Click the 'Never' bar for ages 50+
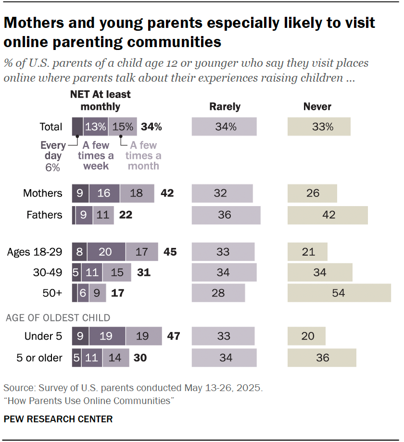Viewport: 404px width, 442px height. pos(339,293)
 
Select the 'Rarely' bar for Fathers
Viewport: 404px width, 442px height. pos(226,215)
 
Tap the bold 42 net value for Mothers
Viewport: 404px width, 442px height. pos(167,193)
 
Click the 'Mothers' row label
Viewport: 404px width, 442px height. pos(43,193)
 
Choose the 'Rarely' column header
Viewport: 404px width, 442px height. pos(225,107)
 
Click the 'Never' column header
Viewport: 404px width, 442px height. pos(317,107)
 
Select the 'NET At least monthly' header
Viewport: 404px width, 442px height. pos(101,100)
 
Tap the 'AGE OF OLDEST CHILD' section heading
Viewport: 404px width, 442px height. pos(58,318)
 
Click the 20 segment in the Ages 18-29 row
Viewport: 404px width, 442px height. pos(106,252)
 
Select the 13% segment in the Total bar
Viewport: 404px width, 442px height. pos(95,127)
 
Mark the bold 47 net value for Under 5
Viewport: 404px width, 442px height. pos(173,336)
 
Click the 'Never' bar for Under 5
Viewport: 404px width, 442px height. pos(306,336)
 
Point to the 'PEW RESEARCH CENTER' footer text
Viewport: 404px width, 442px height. pos(58,419)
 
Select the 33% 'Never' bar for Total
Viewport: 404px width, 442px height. pos(319,127)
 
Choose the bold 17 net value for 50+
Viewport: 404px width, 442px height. pos(118,293)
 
